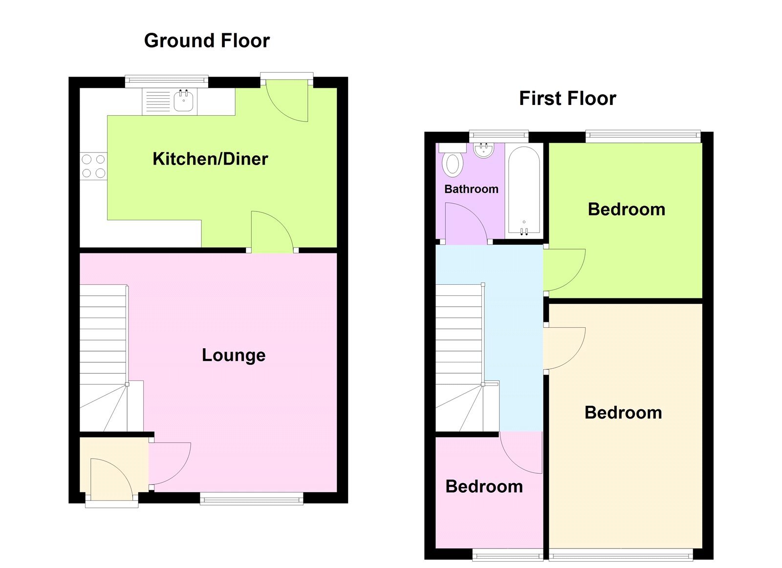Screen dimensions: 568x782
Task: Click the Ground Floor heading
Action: [x=207, y=41]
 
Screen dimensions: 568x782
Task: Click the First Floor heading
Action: [x=567, y=99]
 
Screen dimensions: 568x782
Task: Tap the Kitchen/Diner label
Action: [x=210, y=159]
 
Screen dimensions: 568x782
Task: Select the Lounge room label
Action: [x=234, y=355]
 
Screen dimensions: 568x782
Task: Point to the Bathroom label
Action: [x=471, y=189]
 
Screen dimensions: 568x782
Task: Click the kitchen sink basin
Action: [x=184, y=101]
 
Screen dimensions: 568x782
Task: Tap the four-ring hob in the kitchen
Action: [x=93, y=166]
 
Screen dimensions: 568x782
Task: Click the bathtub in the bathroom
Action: [x=524, y=190]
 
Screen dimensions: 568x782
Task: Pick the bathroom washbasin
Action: [x=484, y=150]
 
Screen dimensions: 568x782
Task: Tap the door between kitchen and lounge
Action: [x=271, y=231]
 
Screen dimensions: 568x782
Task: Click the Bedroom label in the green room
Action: [x=626, y=210]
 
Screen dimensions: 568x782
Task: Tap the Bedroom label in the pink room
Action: [x=484, y=486]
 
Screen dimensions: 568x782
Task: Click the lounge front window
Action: [x=252, y=499]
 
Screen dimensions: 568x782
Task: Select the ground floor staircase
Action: [x=104, y=357]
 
